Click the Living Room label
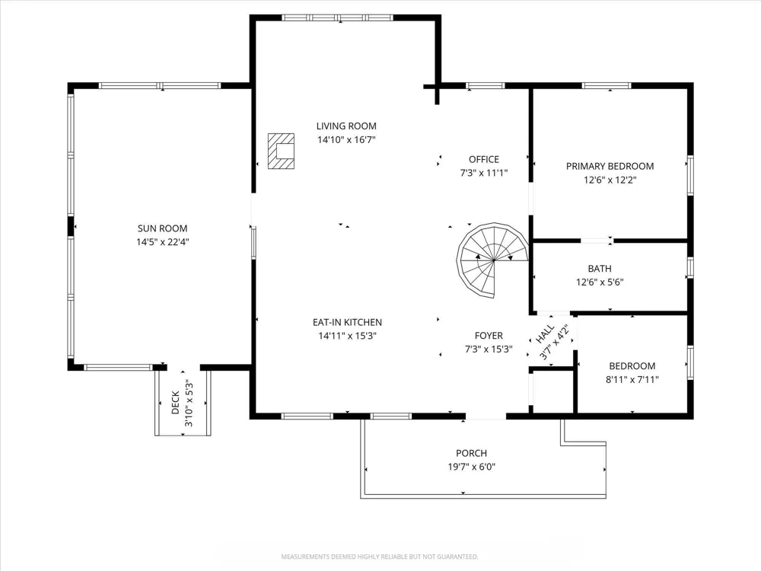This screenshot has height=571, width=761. [x=346, y=126]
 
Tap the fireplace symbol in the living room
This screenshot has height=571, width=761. [x=281, y=151]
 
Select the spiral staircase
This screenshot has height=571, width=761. [x=492, y=260]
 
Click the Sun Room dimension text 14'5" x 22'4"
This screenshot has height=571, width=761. [x=163, y=242]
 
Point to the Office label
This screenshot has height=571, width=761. [x=484, y=159]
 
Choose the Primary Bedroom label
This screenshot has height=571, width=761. [x=610, y=166]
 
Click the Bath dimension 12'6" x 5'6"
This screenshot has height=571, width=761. [x=600, y=282]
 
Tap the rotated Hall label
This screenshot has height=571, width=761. [x=545, y=334]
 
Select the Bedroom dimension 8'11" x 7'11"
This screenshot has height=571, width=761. [x=632, y=380]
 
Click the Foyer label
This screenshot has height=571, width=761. [x=489, y=336]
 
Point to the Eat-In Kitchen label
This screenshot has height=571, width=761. [x=347, y=322]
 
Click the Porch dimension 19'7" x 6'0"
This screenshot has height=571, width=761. [x=471, y=467]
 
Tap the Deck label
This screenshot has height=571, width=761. [x=176, y=404]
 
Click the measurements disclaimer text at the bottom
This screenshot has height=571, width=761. [x=380, y=557]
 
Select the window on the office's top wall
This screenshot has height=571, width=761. [x=486, y=86]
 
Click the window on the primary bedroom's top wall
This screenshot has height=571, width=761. [x=607, y=86]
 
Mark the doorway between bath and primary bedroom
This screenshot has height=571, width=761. [x=597, y=241]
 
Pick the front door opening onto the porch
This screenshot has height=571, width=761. [x=486, y=416]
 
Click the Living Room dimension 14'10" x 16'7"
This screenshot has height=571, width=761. [x=346, y=140]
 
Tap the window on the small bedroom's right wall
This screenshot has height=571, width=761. [x=690, y=362]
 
